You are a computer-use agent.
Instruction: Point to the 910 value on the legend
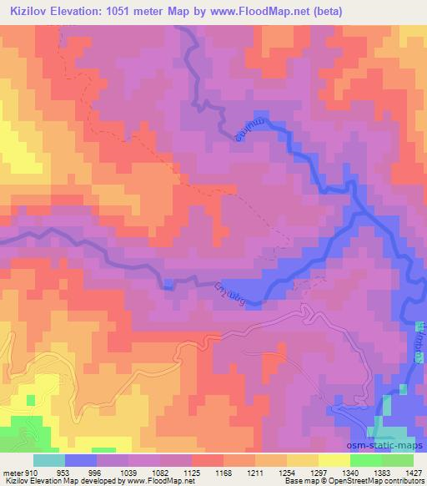[x=31, y=473]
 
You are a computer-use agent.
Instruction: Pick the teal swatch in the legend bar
[x=49, y=460]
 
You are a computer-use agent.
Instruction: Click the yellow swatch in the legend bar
[x=334, y=460]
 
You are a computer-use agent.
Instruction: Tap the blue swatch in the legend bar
[x=81, y=460]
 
